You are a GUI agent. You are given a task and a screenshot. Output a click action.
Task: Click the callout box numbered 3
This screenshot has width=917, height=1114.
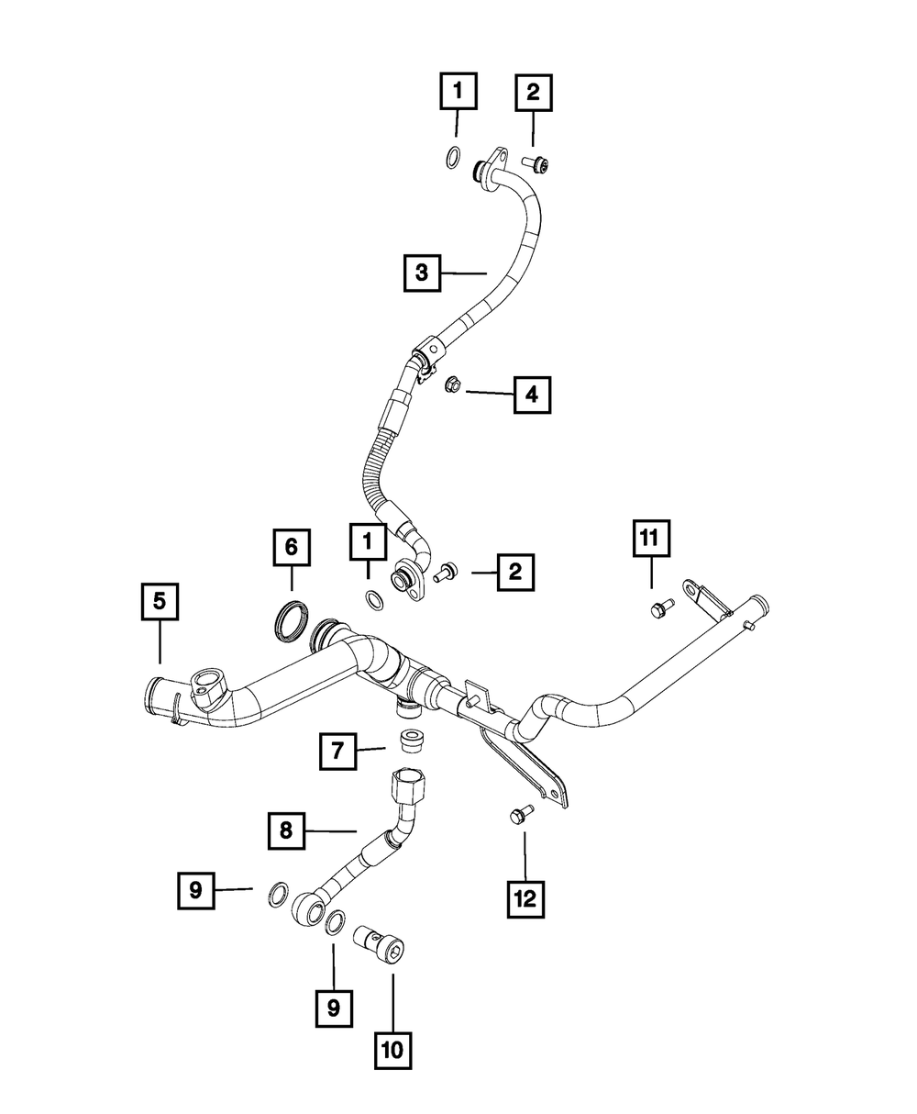[421, 272]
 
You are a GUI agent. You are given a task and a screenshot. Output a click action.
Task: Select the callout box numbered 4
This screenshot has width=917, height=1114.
[533, 395]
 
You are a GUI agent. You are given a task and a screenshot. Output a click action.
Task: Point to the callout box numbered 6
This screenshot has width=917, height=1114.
[292, 548]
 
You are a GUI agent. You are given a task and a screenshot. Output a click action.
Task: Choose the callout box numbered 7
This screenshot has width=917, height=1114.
[338, 752]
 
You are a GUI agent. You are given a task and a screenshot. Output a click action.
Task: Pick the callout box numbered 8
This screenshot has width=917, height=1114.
[286, 831]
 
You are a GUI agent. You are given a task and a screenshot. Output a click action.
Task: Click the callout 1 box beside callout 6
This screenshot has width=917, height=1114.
[368, 543]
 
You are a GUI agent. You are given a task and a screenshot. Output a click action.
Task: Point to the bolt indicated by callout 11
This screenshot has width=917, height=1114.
[660, 607]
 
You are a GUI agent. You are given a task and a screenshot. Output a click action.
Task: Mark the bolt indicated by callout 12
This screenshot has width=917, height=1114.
[520, 812]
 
